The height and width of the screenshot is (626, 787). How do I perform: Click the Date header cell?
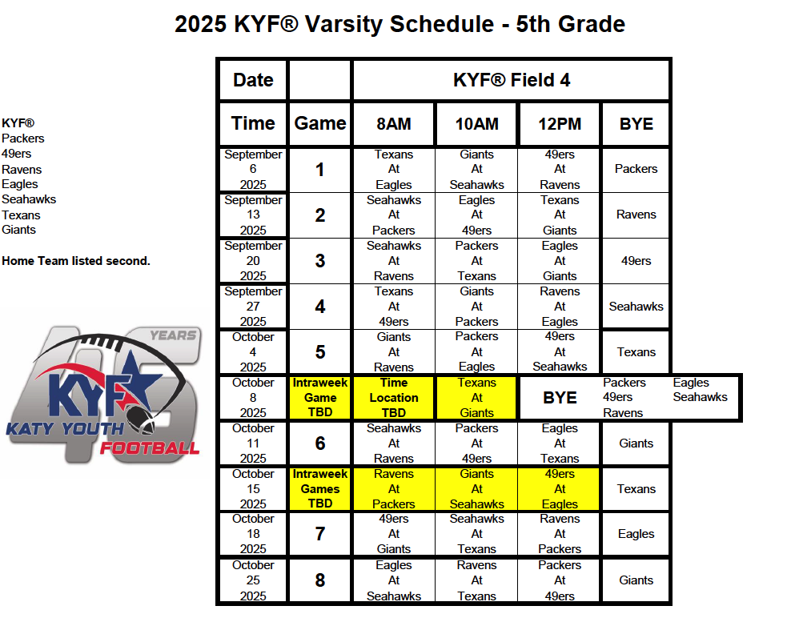point(253,80)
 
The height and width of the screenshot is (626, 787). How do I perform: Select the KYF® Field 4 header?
point(512,80)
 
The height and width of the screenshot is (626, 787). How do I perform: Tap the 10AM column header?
point(477,124)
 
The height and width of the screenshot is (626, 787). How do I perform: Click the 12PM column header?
point(560,124)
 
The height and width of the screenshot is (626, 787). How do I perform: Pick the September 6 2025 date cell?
point(253,169)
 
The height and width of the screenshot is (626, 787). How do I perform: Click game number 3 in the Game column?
point(319,260)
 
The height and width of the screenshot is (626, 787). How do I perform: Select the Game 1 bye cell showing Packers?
point(636,169)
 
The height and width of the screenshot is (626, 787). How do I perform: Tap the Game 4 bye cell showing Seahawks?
point(636,307)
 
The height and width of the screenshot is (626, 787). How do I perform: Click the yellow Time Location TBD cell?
point(394,398)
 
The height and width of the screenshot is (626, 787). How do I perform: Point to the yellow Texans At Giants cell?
point(477,398)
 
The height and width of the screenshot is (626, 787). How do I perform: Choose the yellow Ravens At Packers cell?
point(394,489)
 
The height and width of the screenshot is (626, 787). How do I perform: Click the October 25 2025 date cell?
point(253,580)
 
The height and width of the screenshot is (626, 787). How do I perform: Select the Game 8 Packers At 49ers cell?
point(560,580)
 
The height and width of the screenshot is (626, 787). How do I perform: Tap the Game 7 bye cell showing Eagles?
point(636,534)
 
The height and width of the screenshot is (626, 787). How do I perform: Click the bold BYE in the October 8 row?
point(560,398)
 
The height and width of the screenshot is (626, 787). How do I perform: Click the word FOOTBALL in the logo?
point(150,447)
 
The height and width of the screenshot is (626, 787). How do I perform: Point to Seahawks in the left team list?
point(29,199)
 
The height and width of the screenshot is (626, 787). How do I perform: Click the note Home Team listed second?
point(76,260)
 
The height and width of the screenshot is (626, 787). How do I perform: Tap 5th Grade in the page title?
point(571,23)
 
